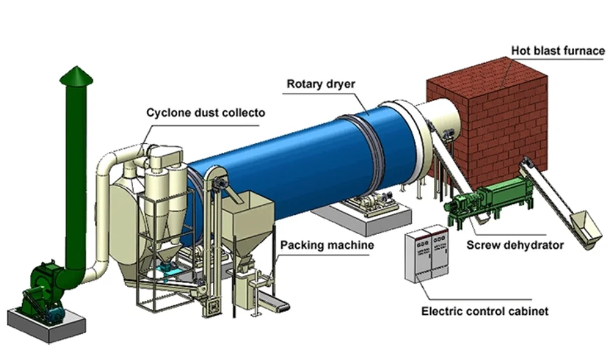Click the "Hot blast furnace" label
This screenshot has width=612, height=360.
pyautogui.click(x=558, y=51)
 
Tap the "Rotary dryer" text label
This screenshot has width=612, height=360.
pyautogui.click(x=321, y=84)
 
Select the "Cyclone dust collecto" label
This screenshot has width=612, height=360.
pyautogui.click(x=205, y=113)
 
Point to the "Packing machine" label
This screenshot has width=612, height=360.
pyautogui.click(x=327, y=246)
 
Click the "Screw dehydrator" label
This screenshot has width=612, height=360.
pyautogui.click(x=515, y=246)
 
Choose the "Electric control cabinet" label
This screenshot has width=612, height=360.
pyautogui.click(x=485, y=311)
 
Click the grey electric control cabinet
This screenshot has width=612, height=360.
pyautogui.click(x=427, y=254)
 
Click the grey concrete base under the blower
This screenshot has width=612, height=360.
pyautogui.click(x=47, y=326)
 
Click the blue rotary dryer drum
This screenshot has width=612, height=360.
pyautogui.click(x=289, y=164)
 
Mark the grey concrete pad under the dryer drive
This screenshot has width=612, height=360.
pyautogui.click(x=363, y=218)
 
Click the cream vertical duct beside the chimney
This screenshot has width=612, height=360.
pyautogui.click(x=103, y=211)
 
